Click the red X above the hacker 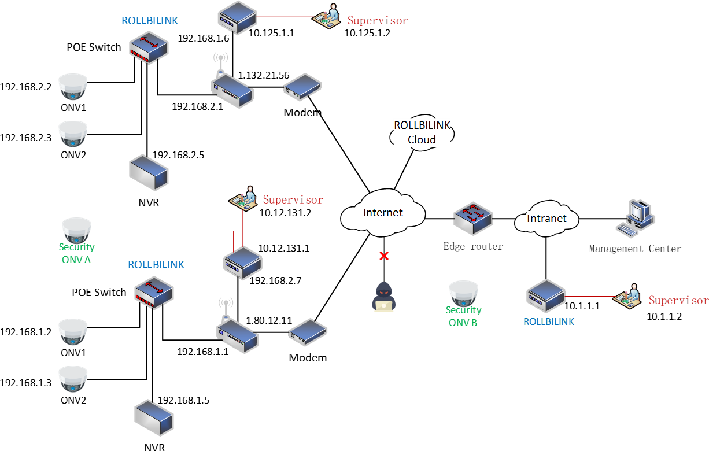(x=384, y=256)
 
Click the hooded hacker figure (x=383, y=296)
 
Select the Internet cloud (x=383, y=213)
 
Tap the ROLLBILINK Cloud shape (x=422, y=133)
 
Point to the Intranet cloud (x=546, y=219)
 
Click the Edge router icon (x=473, y=219)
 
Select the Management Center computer (x=636, y=218)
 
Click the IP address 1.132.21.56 (x=263, y=75)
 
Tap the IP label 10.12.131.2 (x=285, y=213)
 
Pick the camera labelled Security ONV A (x=76, y=230)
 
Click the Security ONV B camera (x=463, y=293)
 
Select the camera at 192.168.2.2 (x=73, y=87)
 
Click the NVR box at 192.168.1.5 (x=154, y=417)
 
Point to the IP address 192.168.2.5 (x=178, y=155)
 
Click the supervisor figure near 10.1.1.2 (x=627, y=296)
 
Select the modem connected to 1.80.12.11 (x=308, y=332)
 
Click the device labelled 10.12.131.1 (x=242, y=263)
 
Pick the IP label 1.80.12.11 (x=269, y=320)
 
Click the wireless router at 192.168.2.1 (x=232, y=91)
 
